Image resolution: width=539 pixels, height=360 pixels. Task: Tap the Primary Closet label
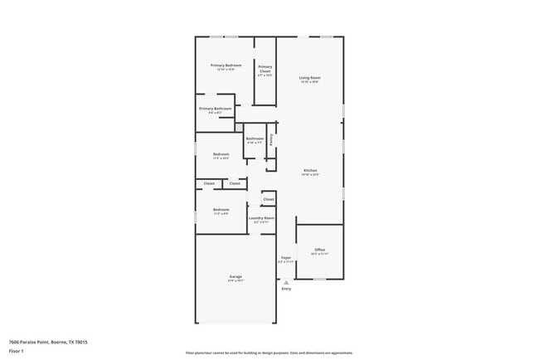(265, 69)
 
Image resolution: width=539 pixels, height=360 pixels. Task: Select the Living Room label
(310, 77)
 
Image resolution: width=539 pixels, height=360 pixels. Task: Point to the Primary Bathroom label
(215, 108)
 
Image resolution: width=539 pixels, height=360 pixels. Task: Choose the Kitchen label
(310, 170)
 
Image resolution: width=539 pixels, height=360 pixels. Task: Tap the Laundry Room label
(261, 217)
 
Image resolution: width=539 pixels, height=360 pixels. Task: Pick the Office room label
(319, 250)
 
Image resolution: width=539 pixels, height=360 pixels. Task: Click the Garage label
(236, 276)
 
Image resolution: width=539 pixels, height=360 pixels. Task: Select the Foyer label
(286, 257)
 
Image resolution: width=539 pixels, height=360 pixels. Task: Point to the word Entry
(286, 289)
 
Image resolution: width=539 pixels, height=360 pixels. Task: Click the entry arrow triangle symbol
(286, 282)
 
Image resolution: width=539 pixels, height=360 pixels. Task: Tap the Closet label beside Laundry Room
(269, 199)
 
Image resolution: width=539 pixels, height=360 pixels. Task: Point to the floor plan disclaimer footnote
(269, 353)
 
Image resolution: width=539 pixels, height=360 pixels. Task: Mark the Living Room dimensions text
(310, 81)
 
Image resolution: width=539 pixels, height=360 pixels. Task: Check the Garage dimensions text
(236, 280)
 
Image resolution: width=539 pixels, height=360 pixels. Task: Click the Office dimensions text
(319, 254)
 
